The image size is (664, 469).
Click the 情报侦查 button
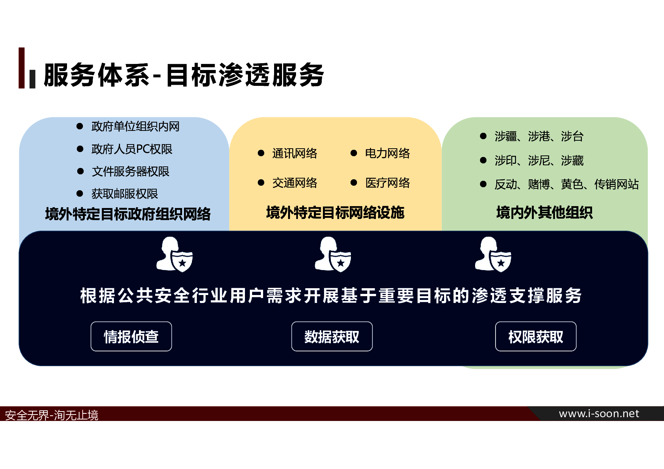point(131,336)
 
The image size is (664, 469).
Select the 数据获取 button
point(332,336)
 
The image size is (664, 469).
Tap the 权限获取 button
point(536,336)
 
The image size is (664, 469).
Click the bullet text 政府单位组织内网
point(135,126)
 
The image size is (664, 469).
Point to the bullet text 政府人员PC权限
point(132,149)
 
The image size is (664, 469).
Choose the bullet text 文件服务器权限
point(130,171)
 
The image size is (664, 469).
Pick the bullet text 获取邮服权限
point(125,194)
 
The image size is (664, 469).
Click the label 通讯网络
point(295,153)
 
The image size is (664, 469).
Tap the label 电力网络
point(387,153)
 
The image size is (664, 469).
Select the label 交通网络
point(295,183)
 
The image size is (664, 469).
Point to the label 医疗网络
point(387,183)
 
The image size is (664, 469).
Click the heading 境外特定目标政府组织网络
point(128,214)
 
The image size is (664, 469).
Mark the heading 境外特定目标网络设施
point(335,213)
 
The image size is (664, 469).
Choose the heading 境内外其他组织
point(544,213)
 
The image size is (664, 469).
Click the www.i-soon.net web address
point(599,414)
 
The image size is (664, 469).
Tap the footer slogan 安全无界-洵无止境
point(51,415)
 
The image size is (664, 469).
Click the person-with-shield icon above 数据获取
point(333,254)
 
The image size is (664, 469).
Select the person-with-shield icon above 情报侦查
point(175,254)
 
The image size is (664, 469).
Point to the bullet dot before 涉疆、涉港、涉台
point(483,136)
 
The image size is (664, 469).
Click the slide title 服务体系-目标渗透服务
point(184,75)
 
